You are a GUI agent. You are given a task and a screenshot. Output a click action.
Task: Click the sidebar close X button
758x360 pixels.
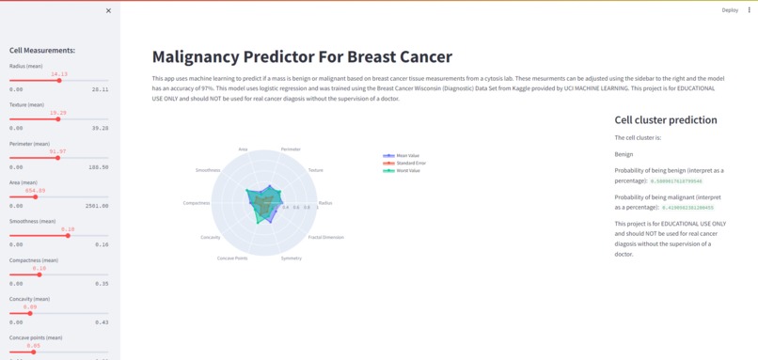108,10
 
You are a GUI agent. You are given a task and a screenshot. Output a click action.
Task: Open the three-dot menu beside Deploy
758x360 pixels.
750,10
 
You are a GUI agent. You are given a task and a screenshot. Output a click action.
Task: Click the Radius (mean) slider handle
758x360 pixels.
59,81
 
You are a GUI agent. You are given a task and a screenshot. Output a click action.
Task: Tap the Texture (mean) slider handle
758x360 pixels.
58,119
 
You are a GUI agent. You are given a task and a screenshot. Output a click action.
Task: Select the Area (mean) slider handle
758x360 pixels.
35,197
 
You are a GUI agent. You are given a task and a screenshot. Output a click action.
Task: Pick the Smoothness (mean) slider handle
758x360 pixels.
68,236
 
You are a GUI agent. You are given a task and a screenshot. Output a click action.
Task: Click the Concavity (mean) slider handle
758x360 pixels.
30,313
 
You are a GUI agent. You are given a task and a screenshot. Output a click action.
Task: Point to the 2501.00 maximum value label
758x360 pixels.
96,206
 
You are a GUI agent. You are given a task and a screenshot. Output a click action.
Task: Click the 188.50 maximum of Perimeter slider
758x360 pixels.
98,166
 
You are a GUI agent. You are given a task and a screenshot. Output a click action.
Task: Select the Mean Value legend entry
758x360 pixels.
406,155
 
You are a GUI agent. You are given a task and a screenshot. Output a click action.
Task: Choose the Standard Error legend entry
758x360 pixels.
409,163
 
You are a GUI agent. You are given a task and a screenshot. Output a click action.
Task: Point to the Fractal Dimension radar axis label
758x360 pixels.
325,237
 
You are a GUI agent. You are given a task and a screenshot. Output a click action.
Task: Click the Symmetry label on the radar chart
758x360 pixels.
292,258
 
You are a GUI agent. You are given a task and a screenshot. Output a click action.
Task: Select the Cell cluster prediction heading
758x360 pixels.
666,120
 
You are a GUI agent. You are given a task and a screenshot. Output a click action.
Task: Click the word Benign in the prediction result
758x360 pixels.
624,154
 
